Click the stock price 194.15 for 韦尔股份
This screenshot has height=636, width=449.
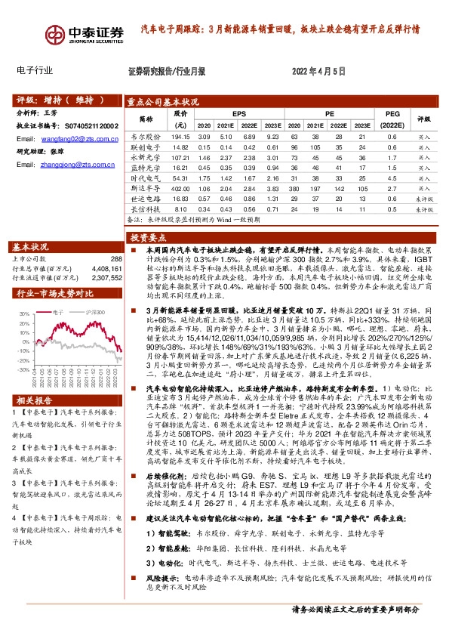point(180,137)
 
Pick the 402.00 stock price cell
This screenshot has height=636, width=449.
point(180,188)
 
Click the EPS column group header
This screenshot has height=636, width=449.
point(238,113)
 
